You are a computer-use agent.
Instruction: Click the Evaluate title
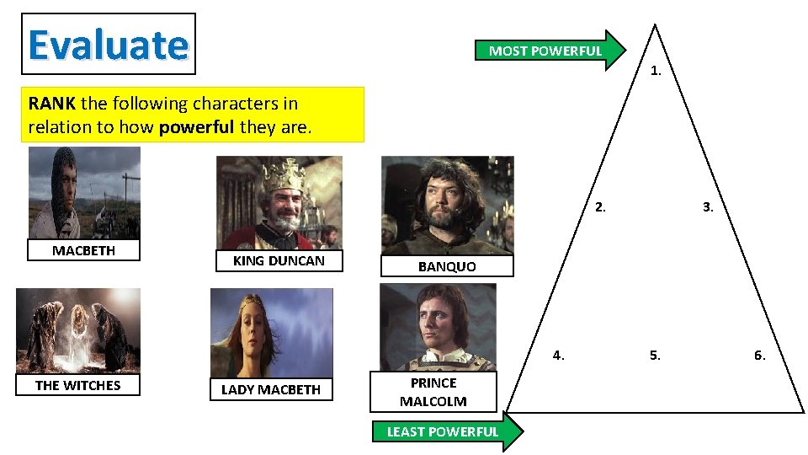(108, 45)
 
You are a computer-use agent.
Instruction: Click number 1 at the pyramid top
(656, 72)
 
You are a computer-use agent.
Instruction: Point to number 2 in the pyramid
(599, 206)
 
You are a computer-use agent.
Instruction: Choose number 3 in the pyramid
(708, 206)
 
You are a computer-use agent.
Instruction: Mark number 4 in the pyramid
(559, 355)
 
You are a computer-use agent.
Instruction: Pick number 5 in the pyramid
(655, 355)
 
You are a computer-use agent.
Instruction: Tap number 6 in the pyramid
(759, 355)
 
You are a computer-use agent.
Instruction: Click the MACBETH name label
(83, 250)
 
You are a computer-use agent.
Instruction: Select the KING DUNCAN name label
(279, 261)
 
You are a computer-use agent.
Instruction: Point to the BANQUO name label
(447, 266)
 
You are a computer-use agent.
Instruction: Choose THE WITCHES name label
(78, 385)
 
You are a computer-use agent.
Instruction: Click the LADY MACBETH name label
(271, 389)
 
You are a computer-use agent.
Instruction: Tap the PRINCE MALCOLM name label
(433, 392)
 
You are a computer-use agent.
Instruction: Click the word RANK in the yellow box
(51, 104)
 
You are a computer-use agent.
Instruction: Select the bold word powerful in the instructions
(197, 128)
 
